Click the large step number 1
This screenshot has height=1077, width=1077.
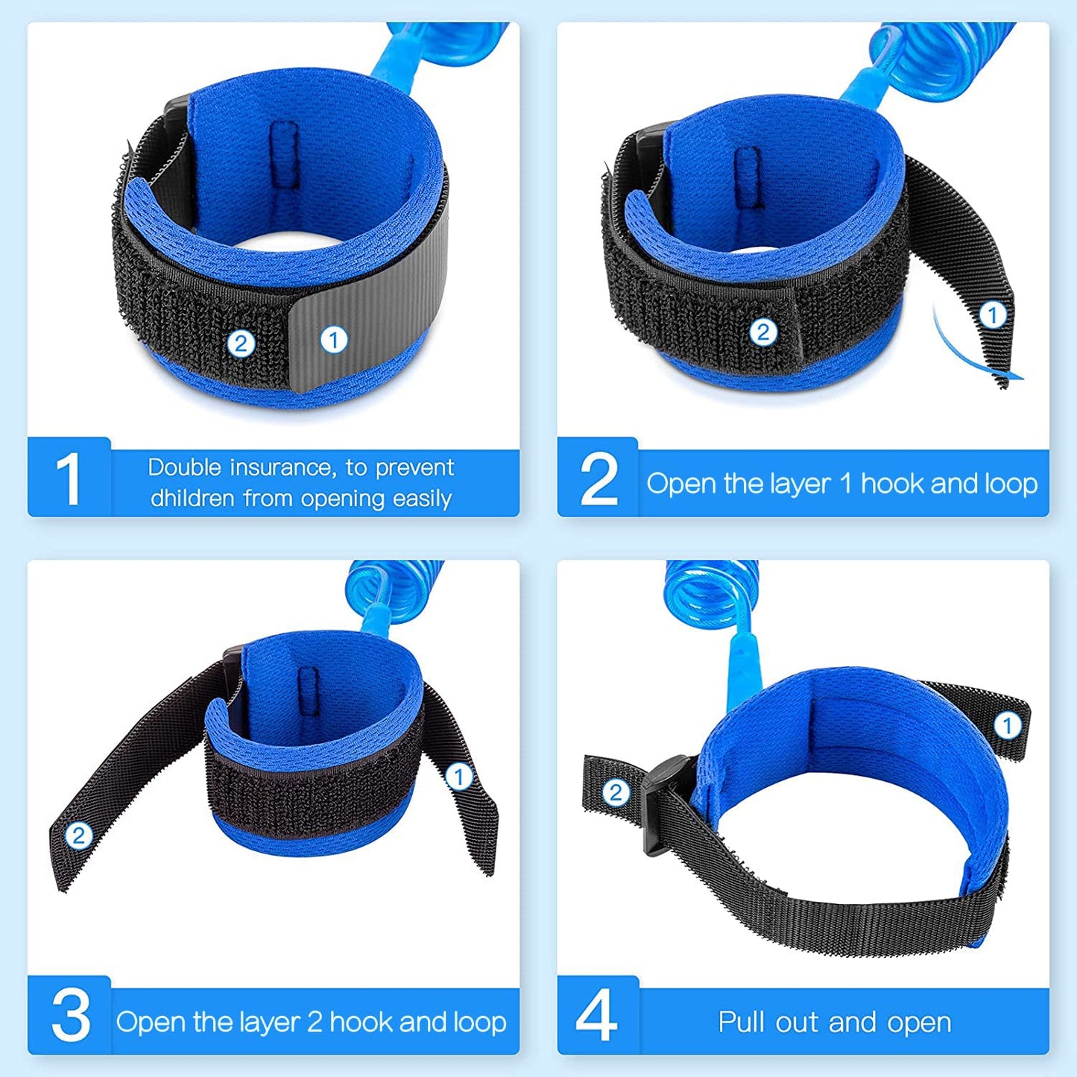(x=69, y=479)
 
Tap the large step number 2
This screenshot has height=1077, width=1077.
(x=598, y=479)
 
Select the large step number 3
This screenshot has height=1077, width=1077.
(x=70, y=1015)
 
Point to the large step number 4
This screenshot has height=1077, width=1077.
(x=597, y=1015)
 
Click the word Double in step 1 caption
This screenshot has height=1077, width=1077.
(x=184, y=467)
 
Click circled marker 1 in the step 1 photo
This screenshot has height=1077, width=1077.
(x=334, y=340)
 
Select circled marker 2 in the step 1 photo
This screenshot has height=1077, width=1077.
(x=241, y=344)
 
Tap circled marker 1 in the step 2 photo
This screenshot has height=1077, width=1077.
(x=992, y=315)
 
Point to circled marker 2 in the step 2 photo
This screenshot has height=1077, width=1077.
(x=762, y=332)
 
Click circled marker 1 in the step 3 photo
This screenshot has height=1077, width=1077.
(x=459, y=777)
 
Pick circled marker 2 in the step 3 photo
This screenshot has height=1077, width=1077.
(x=79, y=836)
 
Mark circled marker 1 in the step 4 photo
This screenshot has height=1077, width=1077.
(x=1008, y=725)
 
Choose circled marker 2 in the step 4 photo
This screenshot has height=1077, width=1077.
(x=616, y=792)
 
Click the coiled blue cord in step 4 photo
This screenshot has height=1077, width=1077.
(x=712, y=593)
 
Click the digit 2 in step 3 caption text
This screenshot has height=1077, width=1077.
(x=315, y=1022)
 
